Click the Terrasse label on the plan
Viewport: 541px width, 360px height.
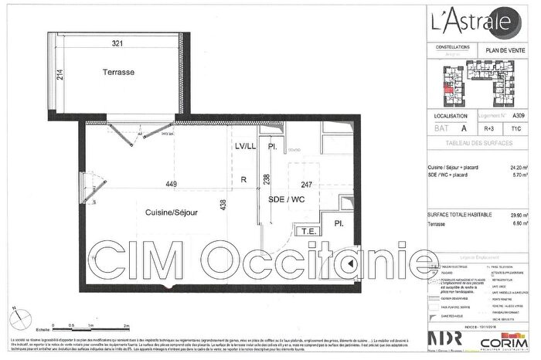click(118, 72)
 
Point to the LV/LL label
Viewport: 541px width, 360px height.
click(245, 146)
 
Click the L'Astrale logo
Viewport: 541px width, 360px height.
click(468, 19)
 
